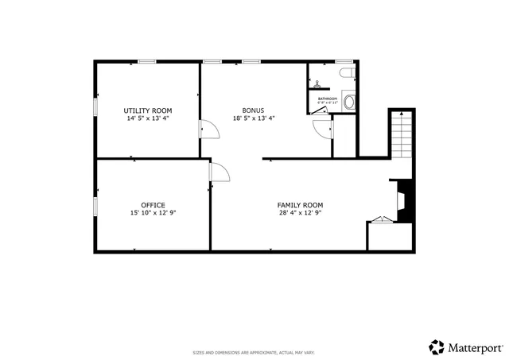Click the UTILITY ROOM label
tap(147, 110)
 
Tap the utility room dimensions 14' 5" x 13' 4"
tap(147, 118)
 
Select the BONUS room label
tap(253, 110)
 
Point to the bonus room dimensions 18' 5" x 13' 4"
tap(253, 118)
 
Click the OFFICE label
tap(153, 205)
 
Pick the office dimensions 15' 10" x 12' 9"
tap(153, 213)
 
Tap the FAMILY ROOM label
tap(300, 205)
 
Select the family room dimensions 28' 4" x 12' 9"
tap(300, 213)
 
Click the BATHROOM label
tap(328, 99)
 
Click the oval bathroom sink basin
tap(348, 103)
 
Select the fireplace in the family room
tap(402, 200)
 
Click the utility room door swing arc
tap(207, 128)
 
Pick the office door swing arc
tap(220, 172)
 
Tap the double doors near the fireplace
tap(383, 220)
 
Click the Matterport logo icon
tap(437, 346)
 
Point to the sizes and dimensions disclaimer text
tap(254, 352)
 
